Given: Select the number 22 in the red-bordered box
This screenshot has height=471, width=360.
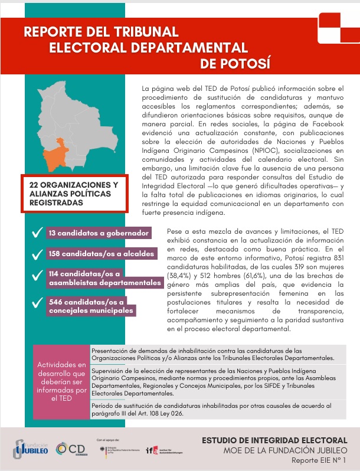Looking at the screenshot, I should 35,185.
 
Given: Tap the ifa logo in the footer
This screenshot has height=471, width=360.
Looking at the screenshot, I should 152,450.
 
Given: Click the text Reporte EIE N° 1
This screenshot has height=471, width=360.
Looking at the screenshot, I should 319,460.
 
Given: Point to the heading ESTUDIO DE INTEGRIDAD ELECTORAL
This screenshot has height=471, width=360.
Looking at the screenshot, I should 274,440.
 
